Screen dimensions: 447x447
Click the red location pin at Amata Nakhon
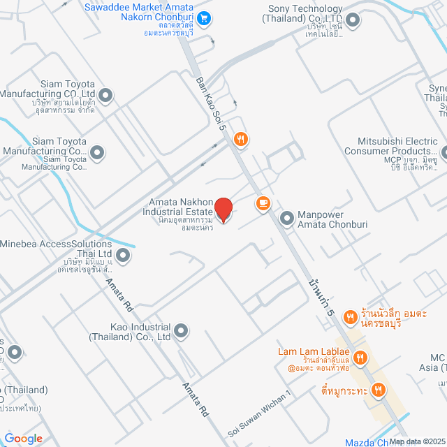(223, 210)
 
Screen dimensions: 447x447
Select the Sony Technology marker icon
(353, 20)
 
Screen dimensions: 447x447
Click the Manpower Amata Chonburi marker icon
(286, 219)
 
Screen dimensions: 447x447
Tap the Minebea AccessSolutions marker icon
(123, 256)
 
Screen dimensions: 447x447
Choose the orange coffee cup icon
(263, 203)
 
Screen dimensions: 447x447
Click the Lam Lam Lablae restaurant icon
(360, 359)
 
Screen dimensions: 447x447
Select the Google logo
(23, 438)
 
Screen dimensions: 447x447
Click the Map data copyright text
(417, 441)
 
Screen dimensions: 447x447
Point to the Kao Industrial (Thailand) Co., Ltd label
(130, 331)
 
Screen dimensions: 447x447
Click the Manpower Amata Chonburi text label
(325, 219)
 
